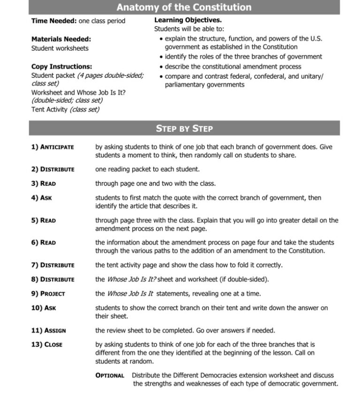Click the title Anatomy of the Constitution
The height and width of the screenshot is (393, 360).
point(184,8)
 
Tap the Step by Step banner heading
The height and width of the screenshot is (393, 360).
point(184,128)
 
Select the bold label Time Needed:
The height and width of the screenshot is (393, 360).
point(54,21)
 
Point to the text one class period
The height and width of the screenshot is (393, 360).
point(102,21)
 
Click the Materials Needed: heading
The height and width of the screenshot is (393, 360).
point(61,39)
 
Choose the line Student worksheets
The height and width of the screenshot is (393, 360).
point(60,48)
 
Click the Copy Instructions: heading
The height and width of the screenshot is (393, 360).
point(61,67)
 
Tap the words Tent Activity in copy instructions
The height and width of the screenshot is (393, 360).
point(49,110)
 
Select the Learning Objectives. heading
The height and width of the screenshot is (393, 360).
point(188,21)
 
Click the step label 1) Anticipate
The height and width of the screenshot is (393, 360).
point(52,147)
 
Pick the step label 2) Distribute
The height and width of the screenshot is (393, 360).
point(52,169)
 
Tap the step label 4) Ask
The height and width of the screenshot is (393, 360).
point(41,198)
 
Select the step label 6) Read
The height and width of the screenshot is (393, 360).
point(43,243)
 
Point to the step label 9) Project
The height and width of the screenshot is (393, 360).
point(48,294)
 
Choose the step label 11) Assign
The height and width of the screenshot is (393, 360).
point(48,331)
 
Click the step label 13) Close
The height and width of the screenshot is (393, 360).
point(47,345)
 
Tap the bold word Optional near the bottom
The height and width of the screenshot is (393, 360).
point(110,376)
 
